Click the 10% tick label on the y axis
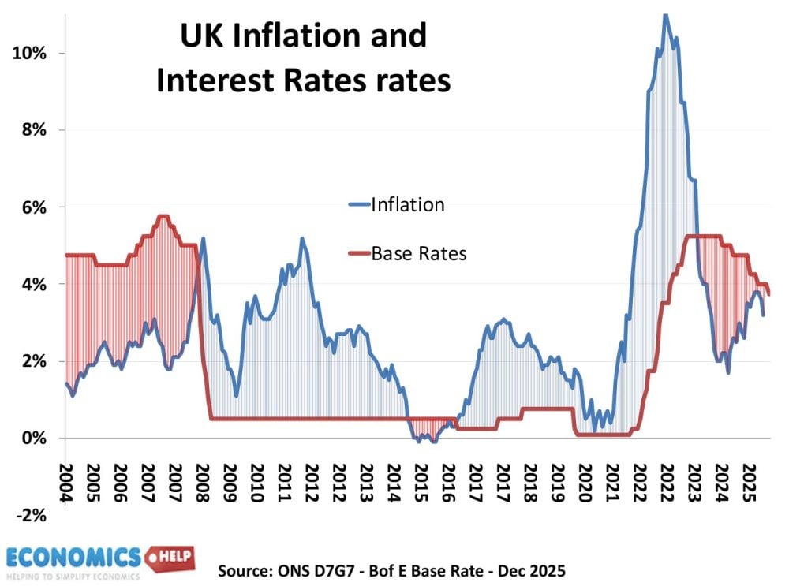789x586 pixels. point(29,53)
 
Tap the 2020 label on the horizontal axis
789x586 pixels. point(585,482)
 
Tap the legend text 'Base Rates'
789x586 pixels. point(419,253)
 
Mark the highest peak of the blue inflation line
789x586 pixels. point(666,14)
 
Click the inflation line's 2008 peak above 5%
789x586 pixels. point(203,238)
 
